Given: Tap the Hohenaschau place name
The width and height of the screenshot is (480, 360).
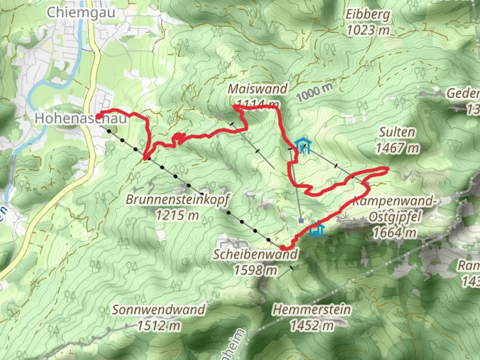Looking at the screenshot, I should coord(81,118).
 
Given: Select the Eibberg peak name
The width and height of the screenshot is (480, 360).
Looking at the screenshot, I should coord(368,15).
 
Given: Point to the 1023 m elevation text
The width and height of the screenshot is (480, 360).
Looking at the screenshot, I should coord(368,30).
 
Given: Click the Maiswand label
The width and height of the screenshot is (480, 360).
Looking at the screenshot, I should coord(257,89).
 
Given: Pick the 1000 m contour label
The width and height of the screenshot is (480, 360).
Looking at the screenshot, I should coord(315,92).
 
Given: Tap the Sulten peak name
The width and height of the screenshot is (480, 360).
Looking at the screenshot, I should coord(397,132).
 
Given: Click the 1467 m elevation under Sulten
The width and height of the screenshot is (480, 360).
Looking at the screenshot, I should coord(398,147).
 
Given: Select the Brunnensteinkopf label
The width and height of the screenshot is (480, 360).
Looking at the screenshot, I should coord(177,200).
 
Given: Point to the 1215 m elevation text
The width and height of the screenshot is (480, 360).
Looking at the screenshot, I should coord(177,215).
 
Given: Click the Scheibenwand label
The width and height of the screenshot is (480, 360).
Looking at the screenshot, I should coord(255,254).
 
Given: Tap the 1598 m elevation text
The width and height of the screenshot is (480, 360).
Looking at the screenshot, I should coord(255,270).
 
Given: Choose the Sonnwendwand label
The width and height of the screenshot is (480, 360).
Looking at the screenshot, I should coord(158,310).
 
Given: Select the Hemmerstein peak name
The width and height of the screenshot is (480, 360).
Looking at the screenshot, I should coord(312,310).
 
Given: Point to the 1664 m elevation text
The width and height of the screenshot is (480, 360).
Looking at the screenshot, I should coord(394,232).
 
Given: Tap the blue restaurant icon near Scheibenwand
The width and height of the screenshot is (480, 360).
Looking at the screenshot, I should coord(317,230).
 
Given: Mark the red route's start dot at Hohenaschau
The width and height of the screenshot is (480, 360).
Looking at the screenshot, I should coord(99,116).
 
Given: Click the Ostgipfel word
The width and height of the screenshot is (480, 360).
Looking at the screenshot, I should coord(395,217).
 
